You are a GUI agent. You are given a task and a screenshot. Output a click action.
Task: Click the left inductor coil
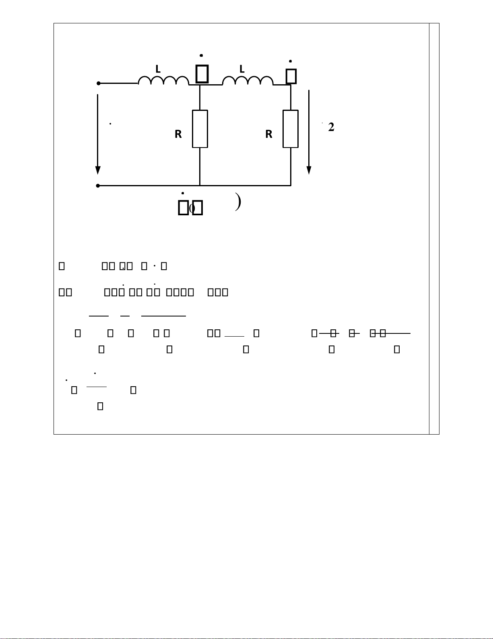point(163,80)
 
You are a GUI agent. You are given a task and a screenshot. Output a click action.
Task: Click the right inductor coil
point(248,80)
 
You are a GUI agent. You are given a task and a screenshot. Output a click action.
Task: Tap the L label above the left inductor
point(158,69)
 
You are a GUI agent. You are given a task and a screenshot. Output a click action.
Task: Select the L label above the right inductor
point(242,69)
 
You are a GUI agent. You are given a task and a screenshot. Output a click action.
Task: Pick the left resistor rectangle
point(200,129)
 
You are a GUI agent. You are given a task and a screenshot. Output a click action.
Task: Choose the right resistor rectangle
point(291,129)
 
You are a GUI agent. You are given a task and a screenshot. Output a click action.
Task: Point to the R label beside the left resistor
point(178,134)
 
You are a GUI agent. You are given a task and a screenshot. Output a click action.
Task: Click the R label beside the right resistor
point(269,134)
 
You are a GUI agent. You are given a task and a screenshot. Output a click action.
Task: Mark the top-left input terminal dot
point(98,83)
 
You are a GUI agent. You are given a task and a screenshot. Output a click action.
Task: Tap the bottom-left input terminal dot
point(98,186)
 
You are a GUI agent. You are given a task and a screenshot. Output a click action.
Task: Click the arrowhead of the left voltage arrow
point(98,170)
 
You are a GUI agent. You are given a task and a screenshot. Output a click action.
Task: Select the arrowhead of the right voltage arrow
point(309,170)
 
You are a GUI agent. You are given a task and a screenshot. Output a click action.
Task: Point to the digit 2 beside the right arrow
point(331,127)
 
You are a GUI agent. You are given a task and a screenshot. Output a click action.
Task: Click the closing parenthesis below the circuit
point(238,202)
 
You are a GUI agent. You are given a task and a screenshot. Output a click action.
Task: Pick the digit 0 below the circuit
point(192,208)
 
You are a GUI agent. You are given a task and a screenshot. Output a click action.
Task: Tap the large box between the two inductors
point(202,73)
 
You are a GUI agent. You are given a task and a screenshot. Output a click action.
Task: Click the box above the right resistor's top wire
point(291,76)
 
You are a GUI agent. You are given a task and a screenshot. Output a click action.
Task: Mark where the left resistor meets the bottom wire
point(200,185)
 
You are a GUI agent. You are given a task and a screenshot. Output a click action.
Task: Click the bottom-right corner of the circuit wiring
point(291,185)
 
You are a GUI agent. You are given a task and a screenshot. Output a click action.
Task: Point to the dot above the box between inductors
point(201,56)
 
